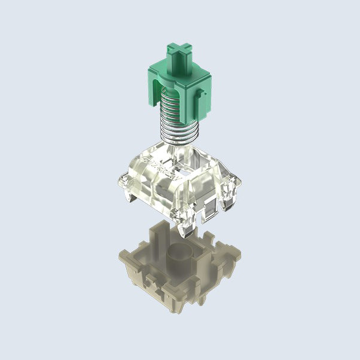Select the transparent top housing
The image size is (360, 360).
pos(179,179)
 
